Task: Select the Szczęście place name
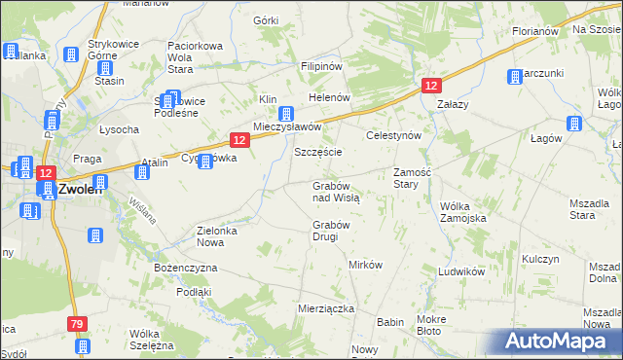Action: [x=317, y=153]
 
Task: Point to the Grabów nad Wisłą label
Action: [x=336, y=191]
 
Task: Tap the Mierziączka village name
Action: [x=324, y=308]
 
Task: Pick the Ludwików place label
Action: [x=461, y=271]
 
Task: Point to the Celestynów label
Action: [x=392, y=136]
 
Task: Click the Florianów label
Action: [x=534, y=31]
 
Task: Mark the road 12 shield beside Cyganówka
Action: [x=239, y=140]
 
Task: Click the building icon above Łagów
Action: [x=574, y=124]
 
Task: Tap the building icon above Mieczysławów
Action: [x=286, y=114]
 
